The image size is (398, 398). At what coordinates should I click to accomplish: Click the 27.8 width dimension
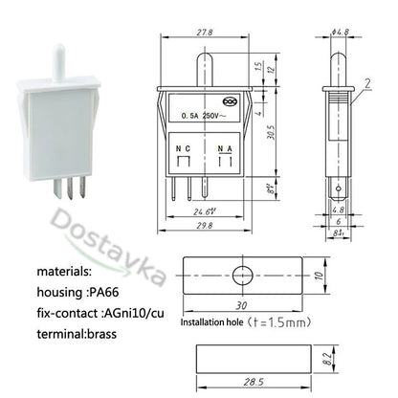204,32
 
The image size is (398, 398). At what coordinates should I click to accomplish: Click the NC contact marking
180,148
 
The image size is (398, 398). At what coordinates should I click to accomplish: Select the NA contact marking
225,148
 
